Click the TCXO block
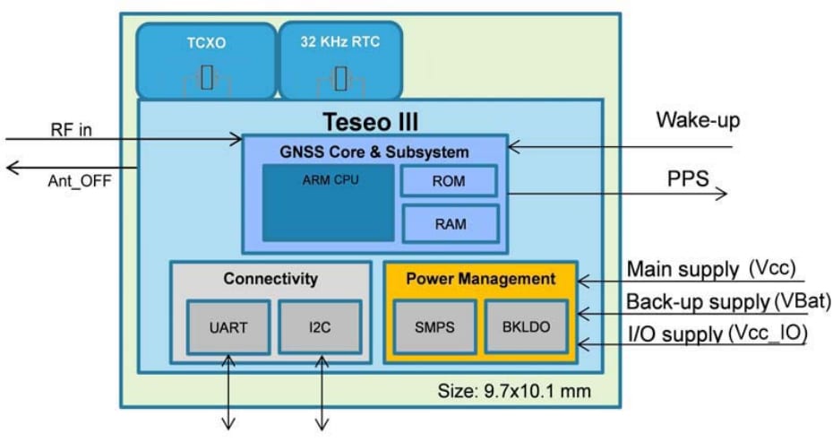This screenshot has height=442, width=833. click(x=206, y=59)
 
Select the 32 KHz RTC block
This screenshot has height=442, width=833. click(x=340, y=59)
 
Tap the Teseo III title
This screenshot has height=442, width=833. click(x=370, y=121)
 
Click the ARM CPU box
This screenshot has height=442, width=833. click(x=328, y=203)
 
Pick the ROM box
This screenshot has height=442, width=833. click(x=449, y=180)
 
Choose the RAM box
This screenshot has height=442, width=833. click(x=449, y=223)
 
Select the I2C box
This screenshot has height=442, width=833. click(x=320, y=326)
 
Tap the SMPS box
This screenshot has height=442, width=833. click(x=433, y=326)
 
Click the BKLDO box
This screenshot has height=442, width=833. click(x=526, y=326)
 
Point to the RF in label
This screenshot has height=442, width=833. click(x=71, y=131)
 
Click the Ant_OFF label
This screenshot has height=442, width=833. click(x=79, y=178)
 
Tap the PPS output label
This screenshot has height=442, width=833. click(x=687, y=178)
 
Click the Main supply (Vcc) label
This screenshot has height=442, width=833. click(x=711, y=269)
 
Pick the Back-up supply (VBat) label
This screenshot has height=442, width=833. click(x=727, y=301)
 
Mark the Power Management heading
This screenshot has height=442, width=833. click(x=480, y=279)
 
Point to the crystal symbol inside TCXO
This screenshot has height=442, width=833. click(x=207, y=78)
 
